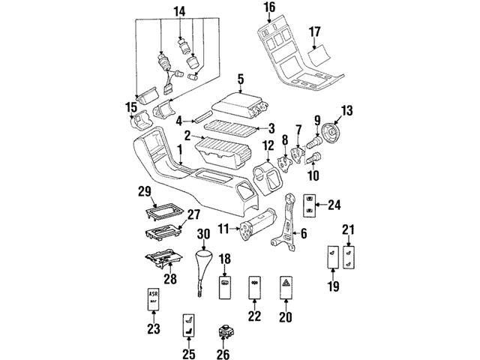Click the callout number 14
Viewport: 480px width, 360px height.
178,11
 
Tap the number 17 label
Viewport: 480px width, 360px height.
315,33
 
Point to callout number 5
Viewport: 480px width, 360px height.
240,78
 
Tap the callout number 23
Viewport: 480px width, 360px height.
153,328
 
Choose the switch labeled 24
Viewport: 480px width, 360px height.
313,205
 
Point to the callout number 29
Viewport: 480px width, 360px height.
147,192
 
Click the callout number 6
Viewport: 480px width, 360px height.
303,233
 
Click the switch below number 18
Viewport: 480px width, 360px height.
225,285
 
